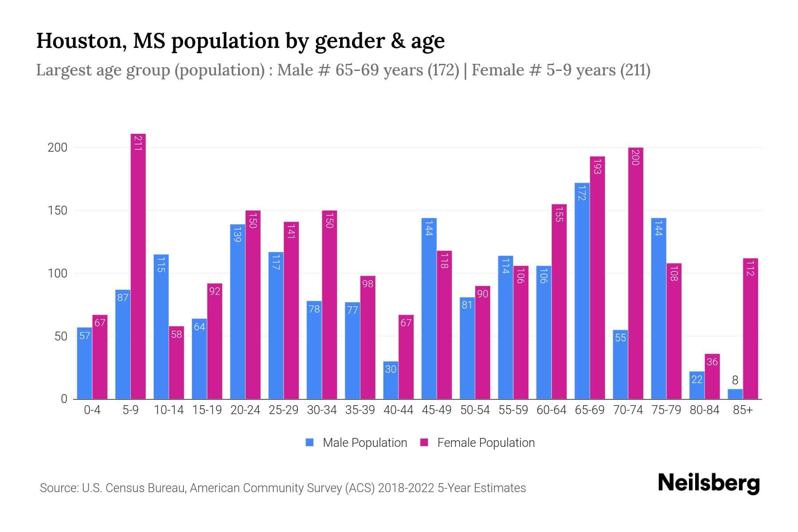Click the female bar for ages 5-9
click(x=138, y=266)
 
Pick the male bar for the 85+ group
click(x=735, y=394)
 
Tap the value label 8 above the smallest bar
click(x=735, y=380)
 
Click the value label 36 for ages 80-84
click(x=712, y=362)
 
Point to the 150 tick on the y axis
click(x=58, y=211)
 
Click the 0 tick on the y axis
click(x=64, y=399)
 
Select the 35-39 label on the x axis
click(x=360, y=410)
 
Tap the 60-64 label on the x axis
click(x=552, y=410)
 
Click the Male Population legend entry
click(x=364, y=443)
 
